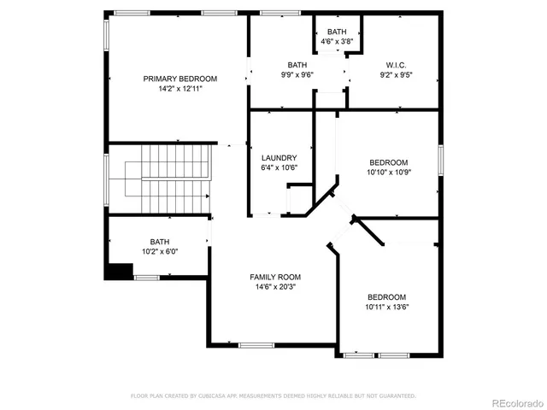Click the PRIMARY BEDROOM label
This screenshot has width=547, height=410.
tap(179, 79)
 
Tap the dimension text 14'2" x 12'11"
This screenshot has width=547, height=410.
tap(179, 89)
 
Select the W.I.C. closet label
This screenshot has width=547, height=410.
tap(396, 65)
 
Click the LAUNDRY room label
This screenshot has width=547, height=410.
tap(279, 158)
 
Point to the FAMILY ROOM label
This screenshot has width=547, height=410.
tap(275, 277)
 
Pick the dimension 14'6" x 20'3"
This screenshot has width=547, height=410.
tap(275, 288)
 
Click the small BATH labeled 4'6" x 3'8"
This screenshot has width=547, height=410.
tap(336, 32)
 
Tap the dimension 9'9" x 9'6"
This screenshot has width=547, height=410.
tap(297, 75)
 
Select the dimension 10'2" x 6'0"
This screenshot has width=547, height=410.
tap(160, 252)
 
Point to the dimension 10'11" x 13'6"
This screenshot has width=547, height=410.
tap(387, 307)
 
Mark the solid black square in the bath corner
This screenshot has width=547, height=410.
tap(120, 271)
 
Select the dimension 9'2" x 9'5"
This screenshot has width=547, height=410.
tap(396, 75)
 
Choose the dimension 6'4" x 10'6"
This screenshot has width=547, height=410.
tap(279, 168)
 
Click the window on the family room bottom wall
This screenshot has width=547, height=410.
tap(255, 345)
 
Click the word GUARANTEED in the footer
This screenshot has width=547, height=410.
tap(396, 396)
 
